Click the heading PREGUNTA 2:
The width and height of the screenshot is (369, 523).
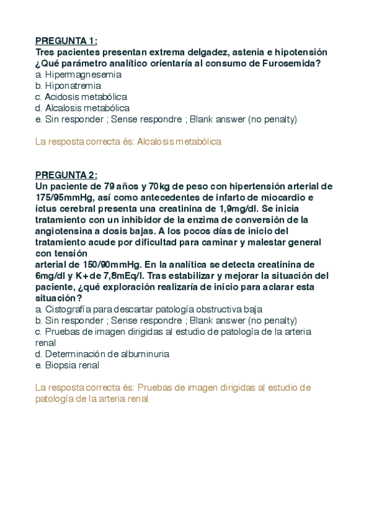pos(66,175)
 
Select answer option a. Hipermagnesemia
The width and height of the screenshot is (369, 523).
pos(78,75)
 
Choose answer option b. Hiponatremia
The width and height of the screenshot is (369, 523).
pos(68,86)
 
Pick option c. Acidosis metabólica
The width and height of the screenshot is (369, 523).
pos(81,97)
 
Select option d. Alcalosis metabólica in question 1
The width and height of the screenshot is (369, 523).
pos(82,108)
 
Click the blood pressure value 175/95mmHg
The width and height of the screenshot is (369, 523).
pos(64,197)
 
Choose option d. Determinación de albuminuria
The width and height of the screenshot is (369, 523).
pos(102,354)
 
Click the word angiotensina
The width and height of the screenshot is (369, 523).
pos(62,231)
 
